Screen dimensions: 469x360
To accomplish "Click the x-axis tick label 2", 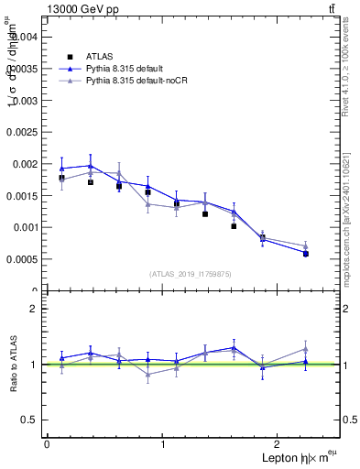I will click(x=279, y=444).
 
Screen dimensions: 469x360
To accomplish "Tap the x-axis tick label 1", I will click(x=163, y=444).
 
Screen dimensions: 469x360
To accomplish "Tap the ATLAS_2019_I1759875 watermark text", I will click(x=191, y=274).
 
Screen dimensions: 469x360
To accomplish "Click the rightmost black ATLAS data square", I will click(x=305, y=254).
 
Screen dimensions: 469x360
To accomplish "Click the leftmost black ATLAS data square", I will click(x=61, y=178).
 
